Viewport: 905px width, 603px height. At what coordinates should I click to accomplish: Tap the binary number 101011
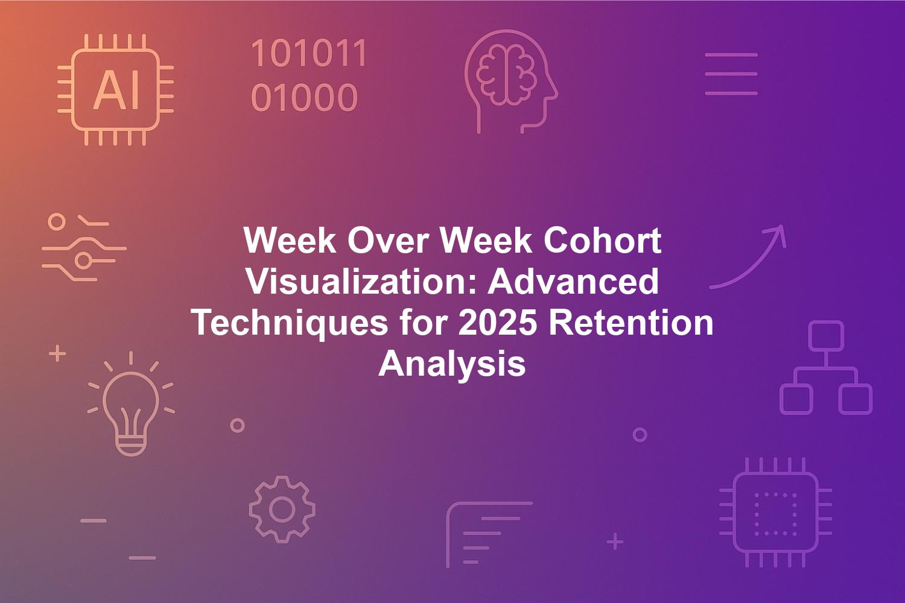coord(309,53)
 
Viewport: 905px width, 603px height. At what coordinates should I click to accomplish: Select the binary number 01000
coord(304,97)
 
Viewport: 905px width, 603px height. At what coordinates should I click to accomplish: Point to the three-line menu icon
coord(731,74)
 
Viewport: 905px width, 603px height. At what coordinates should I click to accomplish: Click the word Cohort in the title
coord(602,241)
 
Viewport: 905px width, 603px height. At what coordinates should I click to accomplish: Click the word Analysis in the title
coord(452,364)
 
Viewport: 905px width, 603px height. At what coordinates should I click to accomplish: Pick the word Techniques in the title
coord(291,324)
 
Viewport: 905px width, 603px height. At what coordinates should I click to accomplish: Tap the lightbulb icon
coord(130,404)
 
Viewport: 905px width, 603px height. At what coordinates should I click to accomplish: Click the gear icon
coord(282,510)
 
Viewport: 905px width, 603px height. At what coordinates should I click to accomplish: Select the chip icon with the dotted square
coord(775,512)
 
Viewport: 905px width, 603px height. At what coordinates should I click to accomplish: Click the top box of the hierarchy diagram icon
coord(826,336)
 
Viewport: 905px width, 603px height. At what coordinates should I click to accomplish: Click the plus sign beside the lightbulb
coord(57,353)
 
